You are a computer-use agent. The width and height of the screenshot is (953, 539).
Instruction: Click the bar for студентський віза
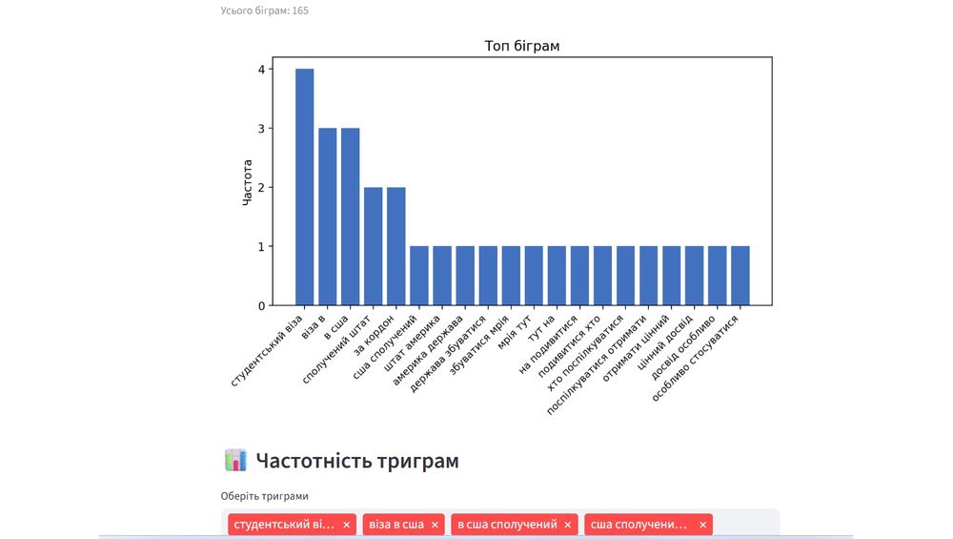(x=304, y=187)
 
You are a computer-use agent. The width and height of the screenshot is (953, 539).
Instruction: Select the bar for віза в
(x=327, y=217)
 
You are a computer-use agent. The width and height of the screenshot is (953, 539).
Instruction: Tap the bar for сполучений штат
(x=373, y=246)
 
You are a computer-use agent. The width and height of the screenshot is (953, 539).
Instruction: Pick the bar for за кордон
(x=395, y=246)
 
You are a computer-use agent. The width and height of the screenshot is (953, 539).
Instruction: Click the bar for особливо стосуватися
(x=740, y=276)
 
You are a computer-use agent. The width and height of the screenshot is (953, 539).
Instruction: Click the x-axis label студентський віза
(x=269, y=350)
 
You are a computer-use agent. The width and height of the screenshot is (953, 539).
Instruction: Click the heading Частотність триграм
(x=357, y=462)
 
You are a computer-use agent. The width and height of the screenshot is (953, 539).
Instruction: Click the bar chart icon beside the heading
(x=235, y=461)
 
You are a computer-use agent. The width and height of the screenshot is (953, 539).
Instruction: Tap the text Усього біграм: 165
(x=265, y=10)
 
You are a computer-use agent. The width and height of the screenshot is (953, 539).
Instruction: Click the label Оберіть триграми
(x=265, y=496)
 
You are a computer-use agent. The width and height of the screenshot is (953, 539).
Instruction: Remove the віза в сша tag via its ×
(x=435, y=525)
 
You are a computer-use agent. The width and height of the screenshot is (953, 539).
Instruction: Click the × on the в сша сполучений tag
(x=567, y=525)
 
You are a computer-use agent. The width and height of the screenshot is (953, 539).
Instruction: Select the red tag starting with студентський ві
(x=283, y=525)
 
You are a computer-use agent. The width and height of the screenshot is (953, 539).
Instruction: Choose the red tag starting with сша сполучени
(x=639, y=525)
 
